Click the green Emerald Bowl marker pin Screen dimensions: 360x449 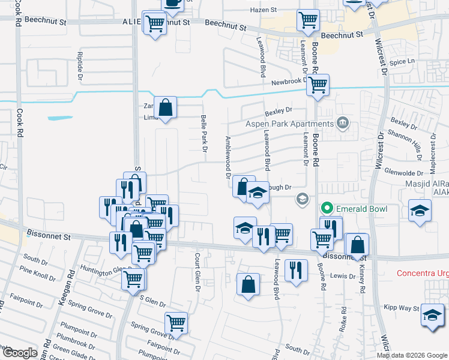pos(327,209)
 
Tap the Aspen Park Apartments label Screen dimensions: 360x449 pos(289,124)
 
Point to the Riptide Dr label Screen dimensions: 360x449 pos(79,65)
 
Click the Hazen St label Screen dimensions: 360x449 pos(264,10)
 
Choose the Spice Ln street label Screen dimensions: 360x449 pos(402,62)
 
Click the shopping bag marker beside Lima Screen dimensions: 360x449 pos(165,108)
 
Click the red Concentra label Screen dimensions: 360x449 pos(423,274)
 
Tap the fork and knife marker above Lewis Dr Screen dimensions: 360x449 pos(294,270)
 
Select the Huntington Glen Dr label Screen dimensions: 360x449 pos(104,270)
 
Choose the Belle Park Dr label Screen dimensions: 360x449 pos(203,133)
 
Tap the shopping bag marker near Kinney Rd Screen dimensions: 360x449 pos(357,245)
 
